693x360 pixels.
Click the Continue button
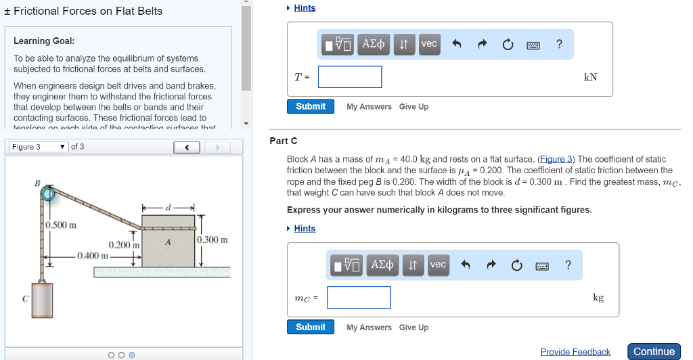coord(654,351)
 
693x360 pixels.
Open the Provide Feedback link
coord(575,352)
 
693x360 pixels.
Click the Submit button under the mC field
coord(311,327)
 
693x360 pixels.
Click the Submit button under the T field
coord(311,106)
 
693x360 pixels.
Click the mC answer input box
coord(359,298)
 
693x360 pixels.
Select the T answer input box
coord(350,77)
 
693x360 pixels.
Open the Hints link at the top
coord(305,8)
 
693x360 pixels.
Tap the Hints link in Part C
coord(305,229)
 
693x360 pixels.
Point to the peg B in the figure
coord(48,195)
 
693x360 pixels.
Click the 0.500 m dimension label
coord(62,225)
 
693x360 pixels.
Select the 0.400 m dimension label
coord(93,255)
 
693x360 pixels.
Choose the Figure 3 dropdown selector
coord(39,147)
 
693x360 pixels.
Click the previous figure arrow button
coord(187,147)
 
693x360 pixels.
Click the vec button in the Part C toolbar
coord(438,265)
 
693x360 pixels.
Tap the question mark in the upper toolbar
coord(558,44)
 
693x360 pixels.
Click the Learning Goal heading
coord(44,41)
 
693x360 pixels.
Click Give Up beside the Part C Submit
coord(413,328)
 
